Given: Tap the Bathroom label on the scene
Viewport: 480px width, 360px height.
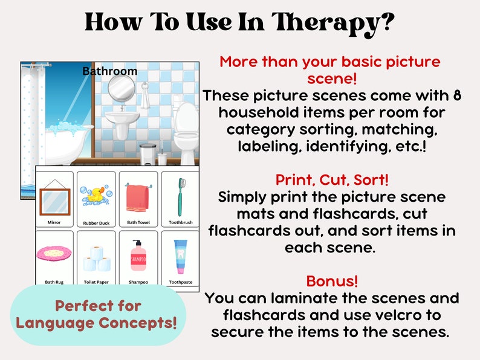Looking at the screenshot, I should point(109,71).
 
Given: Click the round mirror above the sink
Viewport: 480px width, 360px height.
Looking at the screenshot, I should point(122,89).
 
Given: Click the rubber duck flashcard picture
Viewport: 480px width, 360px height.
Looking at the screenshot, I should point(96,194).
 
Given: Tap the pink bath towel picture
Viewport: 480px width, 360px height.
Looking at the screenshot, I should point(137,197).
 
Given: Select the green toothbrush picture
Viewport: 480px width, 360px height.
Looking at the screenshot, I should point(181,194).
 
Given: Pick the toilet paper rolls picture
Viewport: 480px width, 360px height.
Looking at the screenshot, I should point(96,257).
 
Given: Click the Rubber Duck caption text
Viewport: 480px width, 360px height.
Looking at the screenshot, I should point(96,222).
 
